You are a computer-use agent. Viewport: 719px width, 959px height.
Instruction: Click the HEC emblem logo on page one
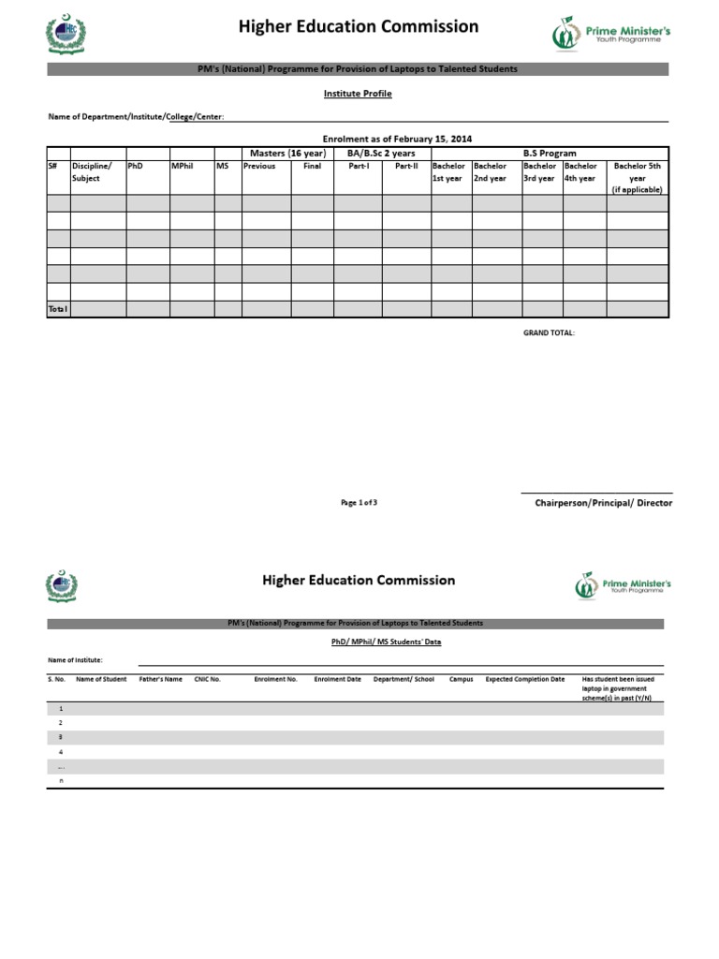click(65, 34)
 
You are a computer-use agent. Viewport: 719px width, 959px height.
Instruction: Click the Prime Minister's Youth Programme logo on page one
click(610, 35)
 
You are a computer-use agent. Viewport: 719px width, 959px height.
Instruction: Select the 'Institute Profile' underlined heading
click(358, 94)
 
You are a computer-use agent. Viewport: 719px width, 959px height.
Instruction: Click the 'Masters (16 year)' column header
click(286, 153)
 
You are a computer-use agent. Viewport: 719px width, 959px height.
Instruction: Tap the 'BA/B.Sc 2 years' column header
click(381, 153)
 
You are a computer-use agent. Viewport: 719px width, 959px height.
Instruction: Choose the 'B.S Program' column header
click(549, 153)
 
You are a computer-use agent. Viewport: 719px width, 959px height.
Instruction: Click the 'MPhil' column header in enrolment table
click(182, 166)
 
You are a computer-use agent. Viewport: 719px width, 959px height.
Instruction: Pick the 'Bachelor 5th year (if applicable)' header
click(637, 177)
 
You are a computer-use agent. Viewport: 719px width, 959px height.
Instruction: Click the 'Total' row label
click(58, 308)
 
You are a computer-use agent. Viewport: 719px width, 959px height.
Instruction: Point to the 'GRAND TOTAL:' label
click(549, 332)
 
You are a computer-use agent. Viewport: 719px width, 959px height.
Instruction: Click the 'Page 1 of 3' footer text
click(359, 503)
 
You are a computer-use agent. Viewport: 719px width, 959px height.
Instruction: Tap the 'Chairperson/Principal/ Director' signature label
click(603, 503)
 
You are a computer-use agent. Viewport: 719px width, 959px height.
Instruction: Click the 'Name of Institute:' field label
click(76, 660)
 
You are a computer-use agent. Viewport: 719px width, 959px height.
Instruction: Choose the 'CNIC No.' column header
click(207, 679)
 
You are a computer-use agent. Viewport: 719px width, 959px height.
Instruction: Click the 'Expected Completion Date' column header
click(524, 679)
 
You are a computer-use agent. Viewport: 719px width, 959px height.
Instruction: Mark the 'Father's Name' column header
click(160, 679)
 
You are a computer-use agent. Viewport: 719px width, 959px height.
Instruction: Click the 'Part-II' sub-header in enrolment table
click(406, 166)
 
